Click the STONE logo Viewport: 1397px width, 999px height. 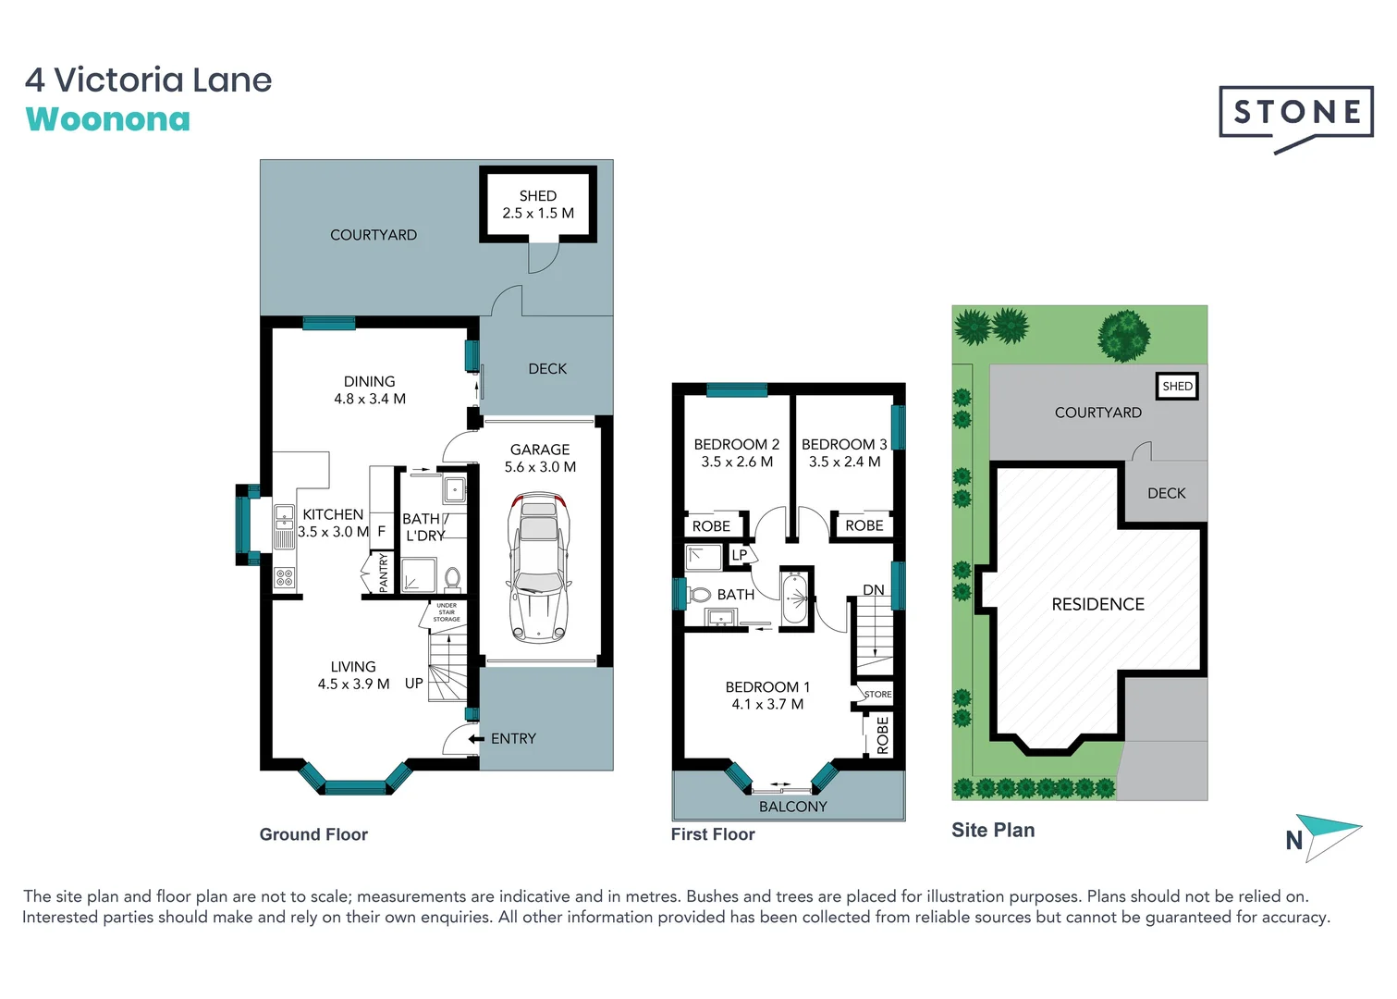[1295, 113]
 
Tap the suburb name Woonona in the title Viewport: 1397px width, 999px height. [108, 119]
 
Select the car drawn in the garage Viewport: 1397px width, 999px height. [538, 567]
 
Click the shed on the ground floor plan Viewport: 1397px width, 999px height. [538, 204]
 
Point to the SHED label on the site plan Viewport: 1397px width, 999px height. [1177, 386]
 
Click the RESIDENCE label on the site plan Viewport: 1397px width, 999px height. [1097, 604]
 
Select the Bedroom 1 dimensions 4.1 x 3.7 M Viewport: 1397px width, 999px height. [767, 704]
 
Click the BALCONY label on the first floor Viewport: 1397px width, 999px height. [792, 807]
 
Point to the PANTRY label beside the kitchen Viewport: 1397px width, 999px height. [384, 573]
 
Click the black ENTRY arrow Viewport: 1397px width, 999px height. [476, 738]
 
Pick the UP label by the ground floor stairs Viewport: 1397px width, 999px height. [413, 684]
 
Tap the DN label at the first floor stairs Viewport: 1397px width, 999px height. [873, 590]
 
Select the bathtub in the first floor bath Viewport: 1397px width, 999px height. [794, 598]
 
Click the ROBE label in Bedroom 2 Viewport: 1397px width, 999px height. [711, 526]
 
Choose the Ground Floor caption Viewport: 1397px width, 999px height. [313, 834]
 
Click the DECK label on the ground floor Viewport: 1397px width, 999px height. [547, 368]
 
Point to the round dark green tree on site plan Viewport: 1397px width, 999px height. [1123, 335]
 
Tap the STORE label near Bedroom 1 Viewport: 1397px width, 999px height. [877, 694]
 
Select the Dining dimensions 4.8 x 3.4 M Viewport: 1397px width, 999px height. [370, 399]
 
